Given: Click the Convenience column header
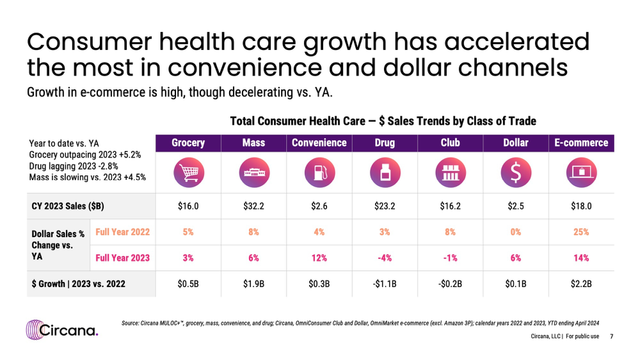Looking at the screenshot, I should pos(319,143).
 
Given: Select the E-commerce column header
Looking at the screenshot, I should pos(581,143).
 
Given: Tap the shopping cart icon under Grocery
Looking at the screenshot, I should pos(189,172).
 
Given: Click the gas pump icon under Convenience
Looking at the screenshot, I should pos(320,172).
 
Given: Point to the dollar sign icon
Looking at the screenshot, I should pos(516,172).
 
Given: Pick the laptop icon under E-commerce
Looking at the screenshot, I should pos(581,172).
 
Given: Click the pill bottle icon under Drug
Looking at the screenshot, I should pos(385,172).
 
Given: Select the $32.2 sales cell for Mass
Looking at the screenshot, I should pos(254,206).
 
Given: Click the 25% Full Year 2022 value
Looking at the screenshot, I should pos(581,232).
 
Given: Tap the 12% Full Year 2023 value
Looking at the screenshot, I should pos(319,258).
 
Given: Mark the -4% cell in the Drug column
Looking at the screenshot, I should pos(385,258).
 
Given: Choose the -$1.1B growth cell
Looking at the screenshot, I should pos(385,284).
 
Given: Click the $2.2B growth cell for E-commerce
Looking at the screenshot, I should pos(581,284).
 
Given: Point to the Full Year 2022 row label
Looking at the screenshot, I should pos(123,232).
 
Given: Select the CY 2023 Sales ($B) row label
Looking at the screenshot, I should pos(68,206).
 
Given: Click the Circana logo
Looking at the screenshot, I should pos(62,330).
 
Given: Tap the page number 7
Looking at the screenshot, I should pos(612,336).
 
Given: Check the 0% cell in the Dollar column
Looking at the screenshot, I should pos(516,232).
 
